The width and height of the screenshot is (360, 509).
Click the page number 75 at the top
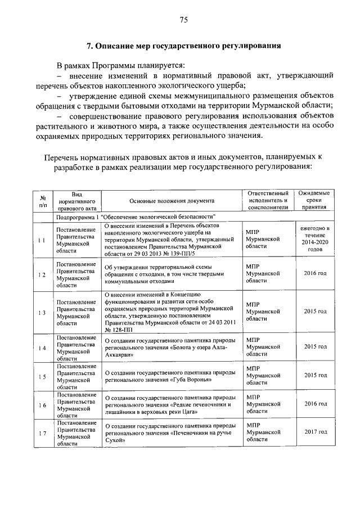(183, 21)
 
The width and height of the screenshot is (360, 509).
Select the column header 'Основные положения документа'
(172, 200)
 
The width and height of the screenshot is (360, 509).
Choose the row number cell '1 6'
(42, 406)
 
